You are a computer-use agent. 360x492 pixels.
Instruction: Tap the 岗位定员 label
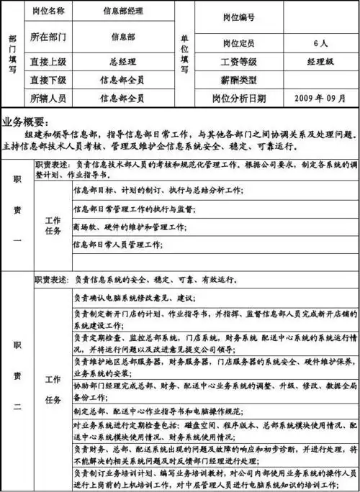[x=239, y=43]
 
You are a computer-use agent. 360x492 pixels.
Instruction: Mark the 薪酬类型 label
[x=239, y=79]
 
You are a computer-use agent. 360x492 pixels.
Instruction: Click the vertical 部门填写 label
[x=12, y=54]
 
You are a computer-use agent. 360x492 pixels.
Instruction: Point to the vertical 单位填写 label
[x=184, y=54]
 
